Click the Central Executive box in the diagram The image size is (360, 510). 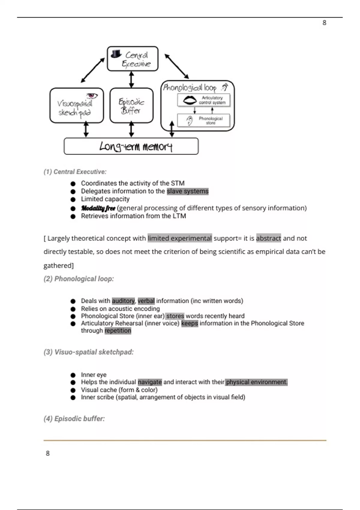coord(133,59)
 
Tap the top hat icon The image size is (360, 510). coord(116,54)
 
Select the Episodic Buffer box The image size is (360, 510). coord(131,106)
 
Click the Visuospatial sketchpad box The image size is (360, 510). coord(76,106)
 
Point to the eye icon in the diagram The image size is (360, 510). coord(92,96)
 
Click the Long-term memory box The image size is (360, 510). coord(131,146)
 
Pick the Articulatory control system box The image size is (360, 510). coord(204,100)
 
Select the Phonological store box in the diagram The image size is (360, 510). coord(204,121)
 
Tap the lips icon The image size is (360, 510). coord(190,100)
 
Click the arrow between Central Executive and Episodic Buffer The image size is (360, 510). coord(131,79)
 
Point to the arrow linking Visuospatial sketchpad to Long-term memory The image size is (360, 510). coord(86,130)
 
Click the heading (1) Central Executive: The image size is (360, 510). coord(75,172)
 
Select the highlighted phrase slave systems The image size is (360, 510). coord(187,191)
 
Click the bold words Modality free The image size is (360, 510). coord(98,208)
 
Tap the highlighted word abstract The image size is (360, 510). coord(268,238)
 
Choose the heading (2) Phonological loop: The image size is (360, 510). coord(79,279)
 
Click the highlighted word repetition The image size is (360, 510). coord(118,331)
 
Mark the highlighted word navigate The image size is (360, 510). coord(150,382)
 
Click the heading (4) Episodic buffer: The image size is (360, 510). coord(74,419)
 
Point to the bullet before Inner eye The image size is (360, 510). coord(73,375)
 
